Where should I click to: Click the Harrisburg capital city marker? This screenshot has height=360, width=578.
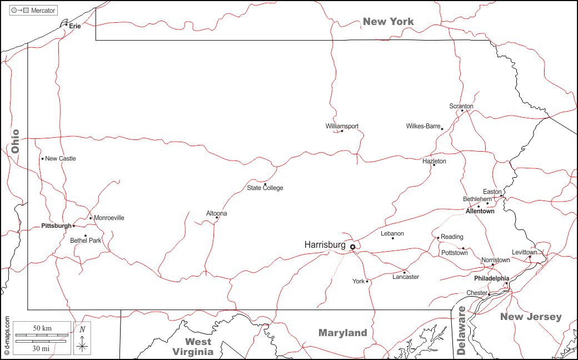tap(352, 247)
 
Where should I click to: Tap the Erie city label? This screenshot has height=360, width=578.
tap(75, 26)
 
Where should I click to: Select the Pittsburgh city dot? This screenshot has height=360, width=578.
tap(74, 226)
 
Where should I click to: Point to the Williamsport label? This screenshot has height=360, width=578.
tap(342, 126)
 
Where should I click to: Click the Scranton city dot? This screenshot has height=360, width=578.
tap(462, 111)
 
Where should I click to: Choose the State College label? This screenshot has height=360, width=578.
tap(265, 188)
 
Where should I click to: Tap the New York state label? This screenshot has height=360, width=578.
tap(388, 22)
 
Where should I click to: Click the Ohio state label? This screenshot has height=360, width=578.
tap(15, 141)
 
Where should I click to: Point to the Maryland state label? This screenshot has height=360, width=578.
tap(343, 333)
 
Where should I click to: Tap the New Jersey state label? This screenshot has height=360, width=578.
tap(531, 317)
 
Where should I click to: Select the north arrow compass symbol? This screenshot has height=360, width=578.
tap(82, 338)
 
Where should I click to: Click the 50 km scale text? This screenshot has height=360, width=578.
tap(43, 328)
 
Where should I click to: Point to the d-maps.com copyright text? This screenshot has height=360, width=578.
tap(7, 336)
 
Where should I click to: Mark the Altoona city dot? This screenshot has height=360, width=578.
tap(217, 218)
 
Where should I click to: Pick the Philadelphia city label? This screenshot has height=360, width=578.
tap(491, 278)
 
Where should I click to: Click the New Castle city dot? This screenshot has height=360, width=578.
tap(42, 159)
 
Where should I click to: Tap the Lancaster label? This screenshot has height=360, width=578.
tap(406, 277)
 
